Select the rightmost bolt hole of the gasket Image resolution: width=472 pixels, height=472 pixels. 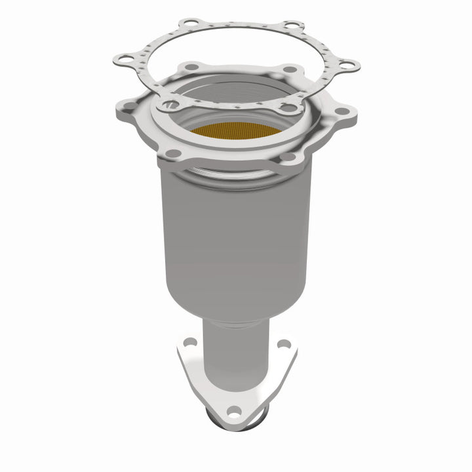tap(349, 64)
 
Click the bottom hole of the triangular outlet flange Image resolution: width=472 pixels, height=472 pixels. tap(233, 412)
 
